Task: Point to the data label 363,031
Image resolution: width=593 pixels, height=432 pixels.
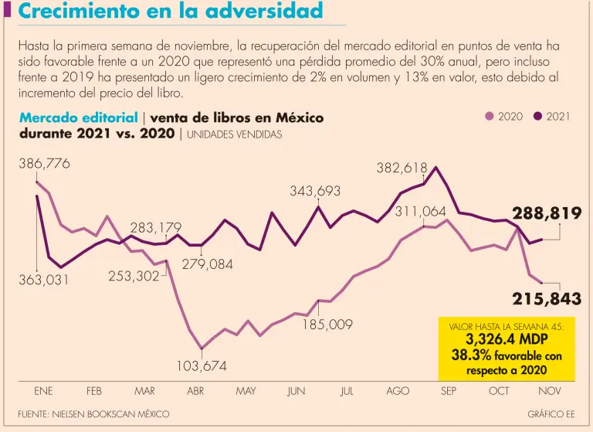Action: coord(44,280)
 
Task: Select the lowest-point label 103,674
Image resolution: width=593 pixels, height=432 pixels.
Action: coord(202,366)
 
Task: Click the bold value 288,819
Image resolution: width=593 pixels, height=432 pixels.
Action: coord(547,214)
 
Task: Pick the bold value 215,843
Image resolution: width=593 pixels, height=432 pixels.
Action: coord(547,299)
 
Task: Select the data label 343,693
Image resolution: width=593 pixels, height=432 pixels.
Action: coord(315,190)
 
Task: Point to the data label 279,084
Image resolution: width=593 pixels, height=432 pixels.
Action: coord(208,264)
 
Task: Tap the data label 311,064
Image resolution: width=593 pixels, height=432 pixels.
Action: coord(421,211)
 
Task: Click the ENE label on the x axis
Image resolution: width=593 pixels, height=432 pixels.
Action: coord(43,391)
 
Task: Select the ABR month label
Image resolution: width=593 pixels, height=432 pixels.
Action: coord(195,391)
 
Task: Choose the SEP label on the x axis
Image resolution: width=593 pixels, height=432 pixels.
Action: coord(449,391)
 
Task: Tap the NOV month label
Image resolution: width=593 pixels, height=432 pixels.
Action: coord(550,391)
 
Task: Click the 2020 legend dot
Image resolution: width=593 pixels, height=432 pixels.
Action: coord(489,117)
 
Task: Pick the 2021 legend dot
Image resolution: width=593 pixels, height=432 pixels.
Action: coord(537,117)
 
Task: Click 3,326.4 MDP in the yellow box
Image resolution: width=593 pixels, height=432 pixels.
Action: coord(506,339)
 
